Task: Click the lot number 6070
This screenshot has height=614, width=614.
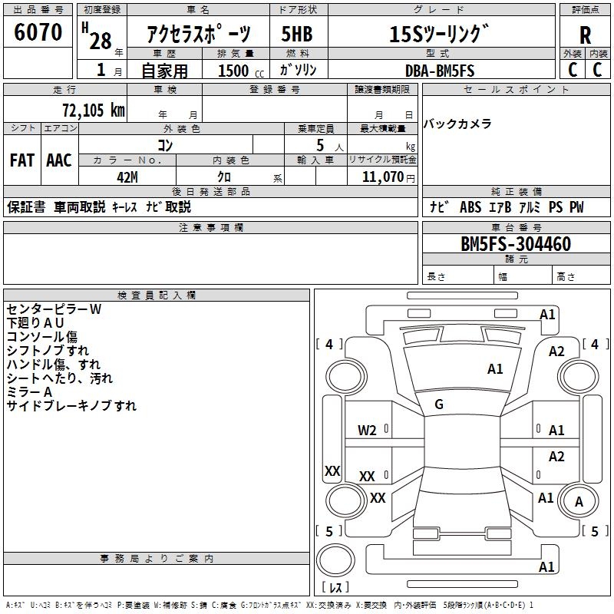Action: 38,32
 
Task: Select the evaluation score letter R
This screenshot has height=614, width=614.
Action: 586,35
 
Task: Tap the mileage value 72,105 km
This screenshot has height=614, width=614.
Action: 93,110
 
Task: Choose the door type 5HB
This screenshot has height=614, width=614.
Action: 297,34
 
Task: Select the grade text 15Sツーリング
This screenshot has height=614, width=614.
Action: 438,34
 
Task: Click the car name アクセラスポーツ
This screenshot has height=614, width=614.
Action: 199,35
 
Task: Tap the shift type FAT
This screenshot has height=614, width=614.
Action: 21,160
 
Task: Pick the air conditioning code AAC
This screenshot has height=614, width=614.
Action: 59,160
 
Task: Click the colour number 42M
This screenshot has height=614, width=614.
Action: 127,177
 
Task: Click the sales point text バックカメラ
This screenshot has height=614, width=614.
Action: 457,124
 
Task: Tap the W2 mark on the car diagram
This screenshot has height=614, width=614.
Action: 367,431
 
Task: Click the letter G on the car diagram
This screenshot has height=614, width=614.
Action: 439,404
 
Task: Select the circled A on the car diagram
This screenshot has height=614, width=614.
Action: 579,502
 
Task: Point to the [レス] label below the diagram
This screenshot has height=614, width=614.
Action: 335,588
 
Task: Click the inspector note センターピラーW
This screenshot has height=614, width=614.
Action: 54,309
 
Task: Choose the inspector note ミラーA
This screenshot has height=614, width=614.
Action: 29,392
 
